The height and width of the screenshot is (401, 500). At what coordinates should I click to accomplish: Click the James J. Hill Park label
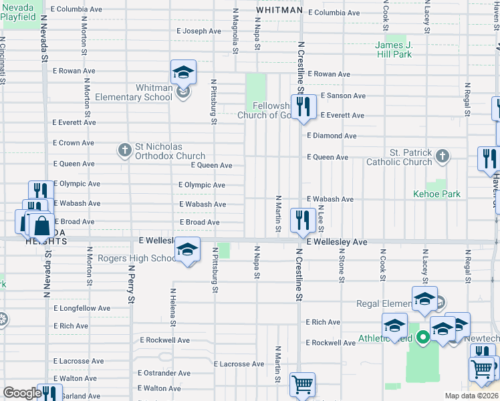click(x=393, y=50)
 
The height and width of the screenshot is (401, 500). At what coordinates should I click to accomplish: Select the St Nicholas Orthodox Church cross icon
click(x=124, y=150)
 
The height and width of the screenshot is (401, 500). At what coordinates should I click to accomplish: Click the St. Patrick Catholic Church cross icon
click(x=441, y=156)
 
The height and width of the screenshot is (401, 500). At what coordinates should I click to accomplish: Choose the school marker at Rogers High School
click(x=188, y=250)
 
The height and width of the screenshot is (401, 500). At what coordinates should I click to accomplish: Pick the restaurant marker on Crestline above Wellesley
click(x=303, y=219)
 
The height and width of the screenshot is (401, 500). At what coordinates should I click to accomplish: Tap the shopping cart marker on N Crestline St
click(x=302, y=384)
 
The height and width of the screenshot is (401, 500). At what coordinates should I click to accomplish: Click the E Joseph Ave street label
click(x=199, y=31)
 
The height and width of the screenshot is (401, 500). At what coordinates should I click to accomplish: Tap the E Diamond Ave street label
click(x=332, y=136)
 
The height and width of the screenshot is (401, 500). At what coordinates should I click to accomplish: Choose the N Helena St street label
click(x=173, y=307)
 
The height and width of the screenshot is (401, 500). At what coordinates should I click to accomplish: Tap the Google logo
click(x=22, y=392)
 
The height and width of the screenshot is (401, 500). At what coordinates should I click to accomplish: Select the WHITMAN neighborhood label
click(x=277, y=11)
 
